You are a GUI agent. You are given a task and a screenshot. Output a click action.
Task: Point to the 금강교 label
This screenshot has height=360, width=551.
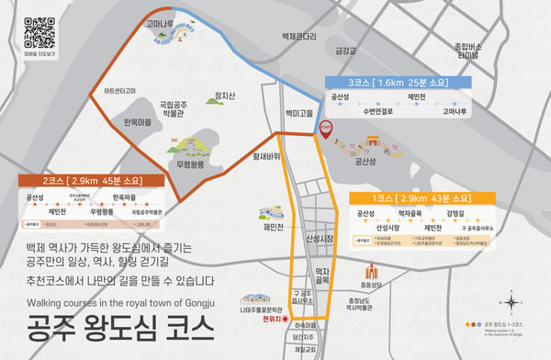(345, 51)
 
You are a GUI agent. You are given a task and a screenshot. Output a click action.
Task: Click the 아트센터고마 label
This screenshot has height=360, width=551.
(122, 91)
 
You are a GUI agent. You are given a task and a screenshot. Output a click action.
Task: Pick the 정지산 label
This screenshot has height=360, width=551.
(225, 96)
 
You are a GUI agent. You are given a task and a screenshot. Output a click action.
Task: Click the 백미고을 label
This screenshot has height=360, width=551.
(300, 113)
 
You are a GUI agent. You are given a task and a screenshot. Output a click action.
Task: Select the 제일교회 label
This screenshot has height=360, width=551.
(304, 350)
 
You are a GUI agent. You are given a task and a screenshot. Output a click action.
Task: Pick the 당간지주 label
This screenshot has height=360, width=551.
(304, 337)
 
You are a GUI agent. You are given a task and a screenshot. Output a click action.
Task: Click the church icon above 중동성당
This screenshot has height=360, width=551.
(370, 273)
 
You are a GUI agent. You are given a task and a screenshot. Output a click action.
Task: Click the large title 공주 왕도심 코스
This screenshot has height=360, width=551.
(117, 325)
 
